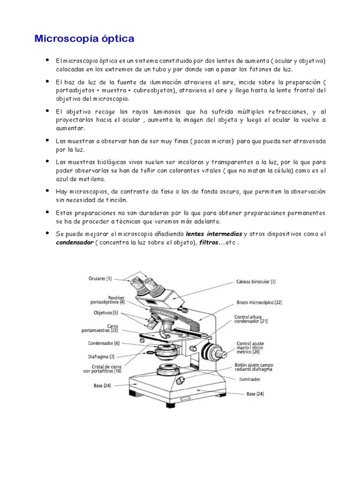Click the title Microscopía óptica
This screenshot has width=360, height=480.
pyautogui.click(x=84, y=38)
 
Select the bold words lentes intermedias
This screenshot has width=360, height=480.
pyautogui.click(x=214, y=234)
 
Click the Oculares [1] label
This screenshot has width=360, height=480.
pyautogui.click(x=100, y=279)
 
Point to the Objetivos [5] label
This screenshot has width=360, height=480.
pyautogui.click(x=105, y=313)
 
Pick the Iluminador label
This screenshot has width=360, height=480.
pyautogui.click(x=249, y=379)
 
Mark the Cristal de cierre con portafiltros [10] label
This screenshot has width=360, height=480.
pyautogui.click(x=102, y=368)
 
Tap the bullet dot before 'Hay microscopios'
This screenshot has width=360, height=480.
pyautogui.click(x=47, y=191)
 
